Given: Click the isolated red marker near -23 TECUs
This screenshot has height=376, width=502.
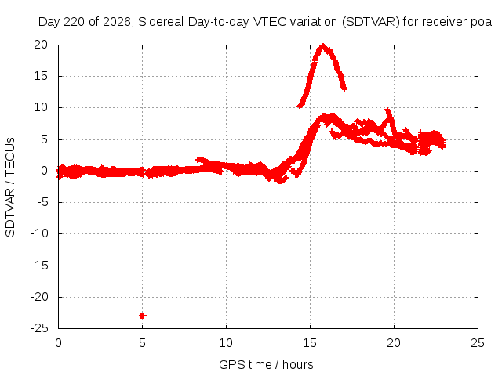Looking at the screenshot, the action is click(x=143, y=316).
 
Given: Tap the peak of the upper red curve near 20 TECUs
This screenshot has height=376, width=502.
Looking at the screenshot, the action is click(x=323, y=45).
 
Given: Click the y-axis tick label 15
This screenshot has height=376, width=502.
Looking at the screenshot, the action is click(x=41, y=76).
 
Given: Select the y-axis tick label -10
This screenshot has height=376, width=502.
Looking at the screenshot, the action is click(x=39, y=233).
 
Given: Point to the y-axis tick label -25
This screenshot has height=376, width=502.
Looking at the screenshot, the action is click(x=39, y=328).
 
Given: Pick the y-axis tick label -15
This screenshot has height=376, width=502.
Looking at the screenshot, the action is click(x=39, y=265).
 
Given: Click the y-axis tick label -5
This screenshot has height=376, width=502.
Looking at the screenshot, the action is click(x=42, y=202).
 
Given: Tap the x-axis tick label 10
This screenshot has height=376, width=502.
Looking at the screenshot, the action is click(x=226, y=343).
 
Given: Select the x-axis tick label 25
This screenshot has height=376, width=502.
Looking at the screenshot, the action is click(x=478, y=343).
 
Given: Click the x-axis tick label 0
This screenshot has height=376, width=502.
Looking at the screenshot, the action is click(x=58, y=343).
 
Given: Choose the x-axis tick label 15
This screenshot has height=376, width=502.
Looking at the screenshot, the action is click(x=310, y=343).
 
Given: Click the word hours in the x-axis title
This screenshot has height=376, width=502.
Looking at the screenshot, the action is click(x=298, y=364).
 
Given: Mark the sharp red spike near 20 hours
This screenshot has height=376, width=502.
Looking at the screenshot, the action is click(x=388, y=110).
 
